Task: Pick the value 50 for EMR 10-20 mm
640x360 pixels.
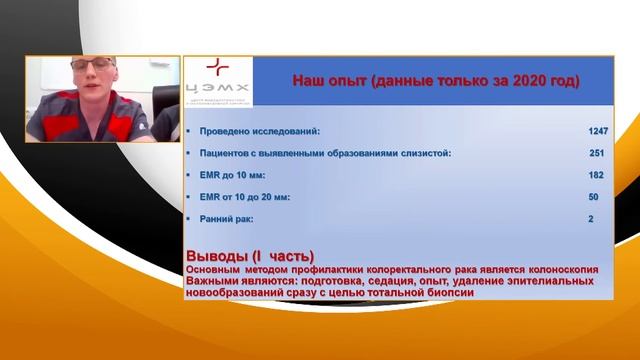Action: tap(594, 197)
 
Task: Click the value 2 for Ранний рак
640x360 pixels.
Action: tap(591, 219)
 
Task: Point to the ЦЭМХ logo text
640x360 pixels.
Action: tap(217, 89)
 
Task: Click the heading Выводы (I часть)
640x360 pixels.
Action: tap(250, 256)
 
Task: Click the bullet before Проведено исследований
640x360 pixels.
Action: tap(188, 131)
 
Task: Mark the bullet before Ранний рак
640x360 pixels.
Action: tap(188, 219)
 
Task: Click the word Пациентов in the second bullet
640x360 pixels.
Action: tap(226, 153)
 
